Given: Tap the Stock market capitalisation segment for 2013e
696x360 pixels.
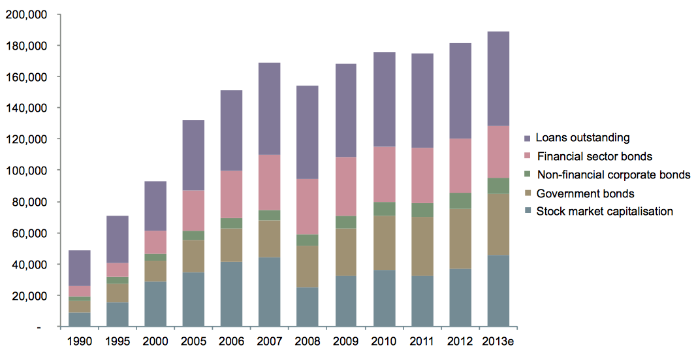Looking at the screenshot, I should click(498, 290).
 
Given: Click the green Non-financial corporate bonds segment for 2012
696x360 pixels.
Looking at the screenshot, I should click(460, 201).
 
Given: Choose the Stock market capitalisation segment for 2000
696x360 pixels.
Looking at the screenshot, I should click(155, 304).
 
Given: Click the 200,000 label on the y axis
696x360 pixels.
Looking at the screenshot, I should click(26, 14).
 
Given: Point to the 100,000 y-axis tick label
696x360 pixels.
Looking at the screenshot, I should click(26, 171).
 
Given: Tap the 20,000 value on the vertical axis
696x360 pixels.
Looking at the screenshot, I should click(29, 295).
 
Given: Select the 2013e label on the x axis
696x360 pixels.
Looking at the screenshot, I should click(498, 341).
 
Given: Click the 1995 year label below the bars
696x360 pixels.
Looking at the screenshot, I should click(118, 341).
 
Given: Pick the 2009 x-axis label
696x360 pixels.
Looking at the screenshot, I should click(345, 341).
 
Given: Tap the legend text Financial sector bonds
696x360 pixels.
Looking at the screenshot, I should click(594, 156).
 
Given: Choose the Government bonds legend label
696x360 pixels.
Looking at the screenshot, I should click(585, 193).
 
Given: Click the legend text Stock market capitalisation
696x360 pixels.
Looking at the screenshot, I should click(604, 211).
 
